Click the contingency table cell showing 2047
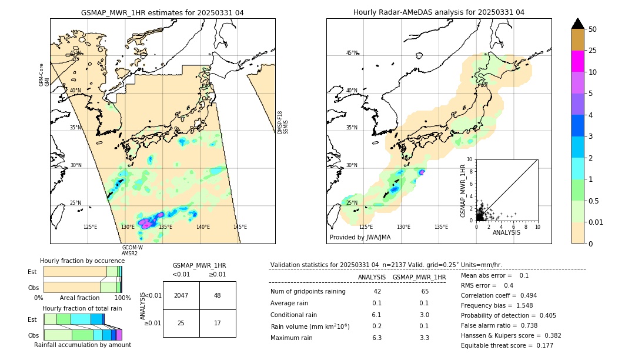[x=181, y=295]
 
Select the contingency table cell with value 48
[x=217, y=295]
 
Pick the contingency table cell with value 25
[x=181, y=323]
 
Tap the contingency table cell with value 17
[x=217, y=323]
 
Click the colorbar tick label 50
[x=593, y=29]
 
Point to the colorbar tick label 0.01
[x=596, y=222]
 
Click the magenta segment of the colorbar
[x=577, y=61]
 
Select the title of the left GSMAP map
[x=162, y=12]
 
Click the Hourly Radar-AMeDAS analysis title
[x=439, y=12]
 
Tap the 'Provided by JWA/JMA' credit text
[x=360, y=238]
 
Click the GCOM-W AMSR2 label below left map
[x=130, y=251]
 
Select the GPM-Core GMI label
[x=44, y=75]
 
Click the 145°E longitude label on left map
[x=240, y=227]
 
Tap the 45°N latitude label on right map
[x=352, y=53]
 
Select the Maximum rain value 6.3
[x=377, y=338]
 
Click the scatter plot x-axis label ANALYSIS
[x=506, y=232]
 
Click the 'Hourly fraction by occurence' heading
[x=82, y=261]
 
